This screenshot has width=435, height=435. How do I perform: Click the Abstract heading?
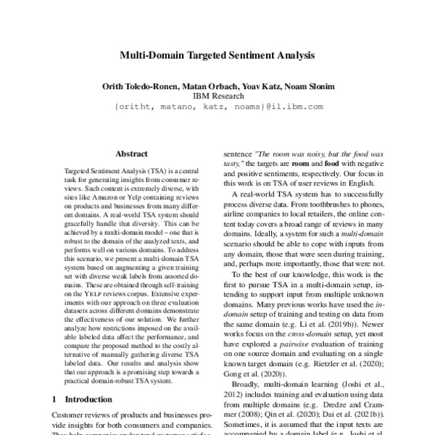click(131, 154)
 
